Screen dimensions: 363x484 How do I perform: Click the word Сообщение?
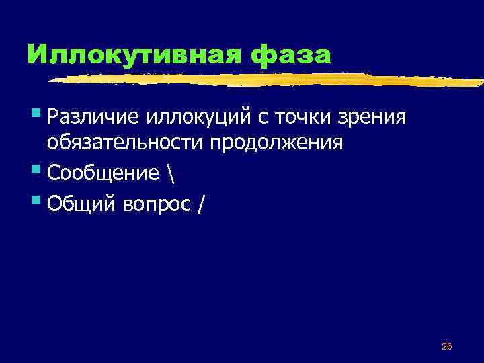100,173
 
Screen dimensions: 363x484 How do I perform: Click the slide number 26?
446,346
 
